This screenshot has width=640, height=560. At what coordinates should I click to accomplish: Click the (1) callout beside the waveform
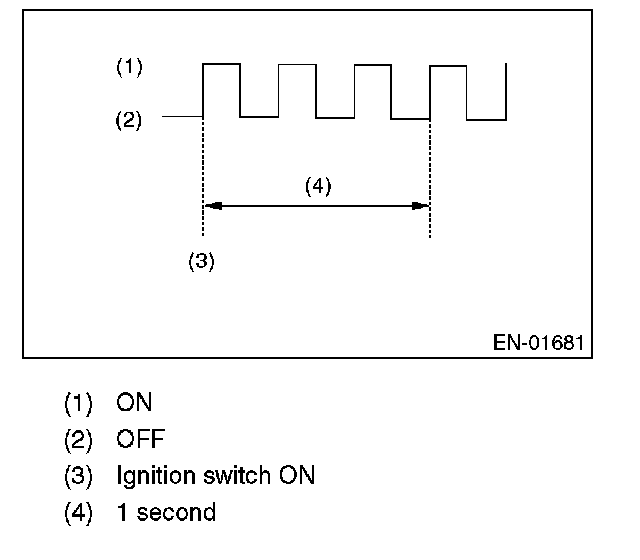click(x=130, y=68)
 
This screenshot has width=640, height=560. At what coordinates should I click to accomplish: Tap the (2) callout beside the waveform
click(x=130, y=121)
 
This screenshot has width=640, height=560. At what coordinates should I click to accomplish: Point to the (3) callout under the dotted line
click(x=201, y=261)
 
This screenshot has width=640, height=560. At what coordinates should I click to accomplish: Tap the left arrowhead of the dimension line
click(x=211, y=206)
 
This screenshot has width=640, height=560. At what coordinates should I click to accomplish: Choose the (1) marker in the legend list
click(x=78, y=404)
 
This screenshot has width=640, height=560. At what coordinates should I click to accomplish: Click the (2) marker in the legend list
click(x=78, y=440)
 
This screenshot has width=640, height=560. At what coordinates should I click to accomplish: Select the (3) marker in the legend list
click(x=78, y=476)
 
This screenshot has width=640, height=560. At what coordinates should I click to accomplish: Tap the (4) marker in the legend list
click(x=78, y=513)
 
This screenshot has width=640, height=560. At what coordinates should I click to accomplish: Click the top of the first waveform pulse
click(x=221, y=64)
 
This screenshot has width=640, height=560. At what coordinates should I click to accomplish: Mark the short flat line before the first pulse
click(x=182, y=117)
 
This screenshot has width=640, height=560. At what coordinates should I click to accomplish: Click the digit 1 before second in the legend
click(x=121, y=513)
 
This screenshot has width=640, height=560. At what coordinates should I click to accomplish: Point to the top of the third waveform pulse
click(x=372, y=64)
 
